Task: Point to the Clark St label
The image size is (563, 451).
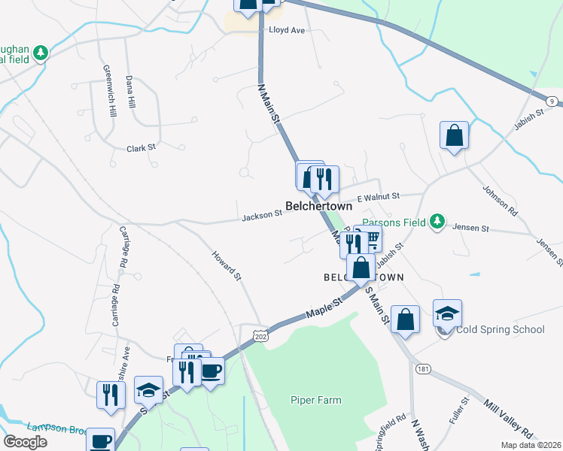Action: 141,148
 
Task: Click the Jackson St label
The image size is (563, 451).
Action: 261,216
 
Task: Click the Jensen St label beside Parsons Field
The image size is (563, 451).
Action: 470,228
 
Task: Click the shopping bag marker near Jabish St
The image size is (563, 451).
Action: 454,136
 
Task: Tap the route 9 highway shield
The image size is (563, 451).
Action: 552,101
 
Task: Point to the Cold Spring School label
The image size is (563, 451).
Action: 501,329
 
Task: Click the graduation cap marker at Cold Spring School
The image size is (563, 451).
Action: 447,313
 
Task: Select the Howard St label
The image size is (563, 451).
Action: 227,266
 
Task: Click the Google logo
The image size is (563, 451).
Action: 26,442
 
